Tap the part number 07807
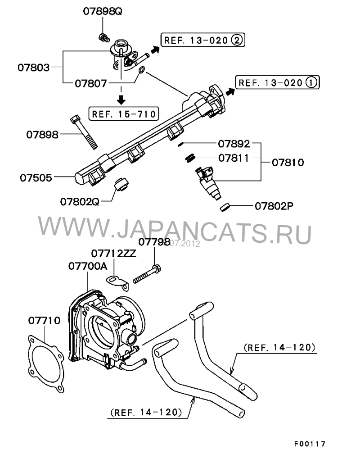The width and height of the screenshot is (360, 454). [90, 83]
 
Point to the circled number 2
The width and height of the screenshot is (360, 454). [237, 40]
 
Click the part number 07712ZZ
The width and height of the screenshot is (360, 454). [114, 253]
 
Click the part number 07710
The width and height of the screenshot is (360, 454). [44, 321]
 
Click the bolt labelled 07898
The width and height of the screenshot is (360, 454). [85, 132]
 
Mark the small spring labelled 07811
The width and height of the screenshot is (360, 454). [190, 158]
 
